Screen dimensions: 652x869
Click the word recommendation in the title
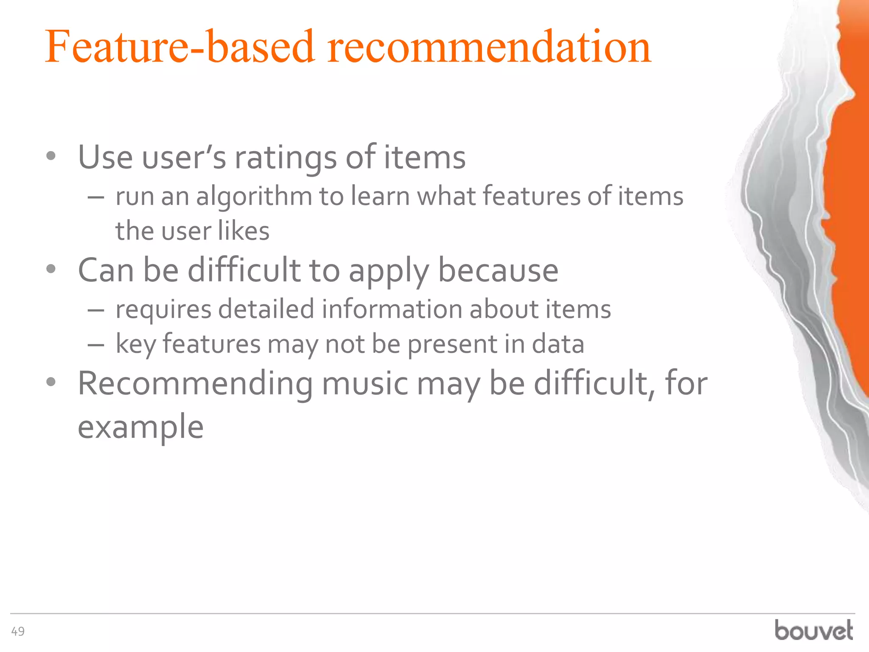489,48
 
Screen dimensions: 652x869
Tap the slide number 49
18,632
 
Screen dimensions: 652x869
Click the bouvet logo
813,630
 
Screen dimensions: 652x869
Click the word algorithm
254,197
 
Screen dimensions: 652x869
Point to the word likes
244,231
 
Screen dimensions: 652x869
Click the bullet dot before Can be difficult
51,269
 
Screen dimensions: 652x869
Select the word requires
163,309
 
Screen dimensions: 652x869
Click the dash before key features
96,345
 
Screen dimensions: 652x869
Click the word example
140,427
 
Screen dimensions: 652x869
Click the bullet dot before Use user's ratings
51,156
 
